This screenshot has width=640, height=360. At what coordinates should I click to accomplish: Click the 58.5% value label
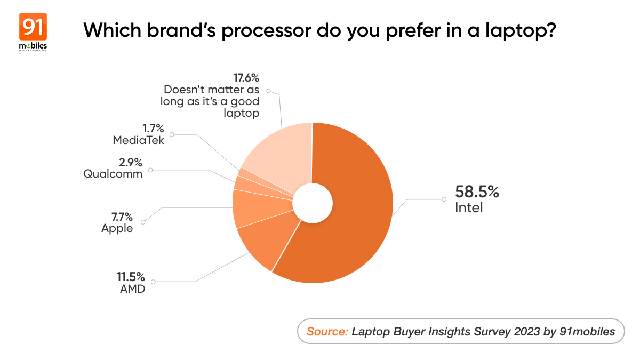pyautogui.click(x=476, y=192)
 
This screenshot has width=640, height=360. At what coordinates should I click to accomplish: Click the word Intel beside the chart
pyautogui.click(x=469, y=208)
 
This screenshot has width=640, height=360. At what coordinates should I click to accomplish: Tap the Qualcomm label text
pyautogui.click(x=113, y=173)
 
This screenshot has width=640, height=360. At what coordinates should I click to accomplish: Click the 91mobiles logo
pyautogui.click(x=33, y=32)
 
